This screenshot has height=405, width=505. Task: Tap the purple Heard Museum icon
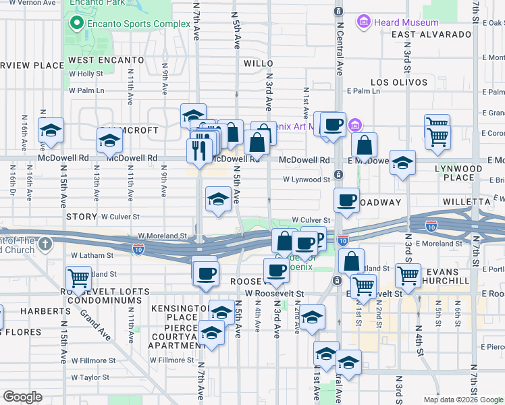[x=365, y=22]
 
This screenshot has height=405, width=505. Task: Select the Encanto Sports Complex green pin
[x=76, y=24]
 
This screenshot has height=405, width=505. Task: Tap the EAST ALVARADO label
[x=430, y=34]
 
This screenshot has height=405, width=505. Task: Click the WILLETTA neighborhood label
[x=466, y=202]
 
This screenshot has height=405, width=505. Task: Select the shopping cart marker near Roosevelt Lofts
[x=79, y=277]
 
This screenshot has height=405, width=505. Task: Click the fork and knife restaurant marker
[x=198, y=149]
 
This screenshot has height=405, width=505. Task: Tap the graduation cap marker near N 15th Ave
[x=51, y=130]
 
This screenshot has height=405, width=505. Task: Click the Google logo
[x=22, y=397]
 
